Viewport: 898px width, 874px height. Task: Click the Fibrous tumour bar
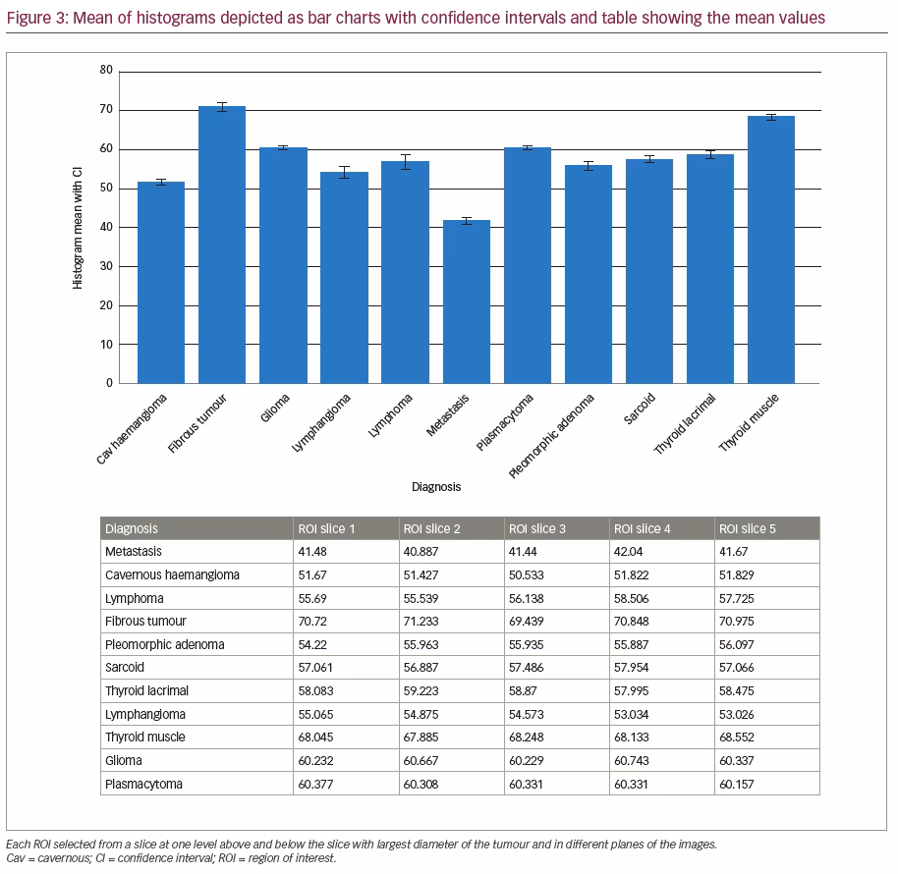222,245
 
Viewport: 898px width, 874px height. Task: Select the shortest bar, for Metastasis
466,301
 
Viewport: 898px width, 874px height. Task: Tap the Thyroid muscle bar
771,249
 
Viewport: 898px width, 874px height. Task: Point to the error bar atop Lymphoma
406,162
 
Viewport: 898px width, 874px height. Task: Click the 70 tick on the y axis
106,109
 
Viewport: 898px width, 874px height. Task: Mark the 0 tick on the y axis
109,383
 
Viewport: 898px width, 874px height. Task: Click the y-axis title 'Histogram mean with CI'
78,228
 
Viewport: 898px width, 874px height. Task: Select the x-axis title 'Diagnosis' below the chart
436,486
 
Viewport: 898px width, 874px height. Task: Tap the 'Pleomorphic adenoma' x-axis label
551,436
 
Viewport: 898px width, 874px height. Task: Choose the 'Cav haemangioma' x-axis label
131,429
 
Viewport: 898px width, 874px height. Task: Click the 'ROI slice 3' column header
537,529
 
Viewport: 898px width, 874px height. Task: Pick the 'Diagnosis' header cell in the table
132,529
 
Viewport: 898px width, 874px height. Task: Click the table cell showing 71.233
421,621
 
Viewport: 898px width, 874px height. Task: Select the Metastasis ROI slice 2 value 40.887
421,551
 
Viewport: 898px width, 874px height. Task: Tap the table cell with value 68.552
737,737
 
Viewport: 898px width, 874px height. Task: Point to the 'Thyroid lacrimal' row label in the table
146,690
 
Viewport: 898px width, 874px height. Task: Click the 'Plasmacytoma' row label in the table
143,784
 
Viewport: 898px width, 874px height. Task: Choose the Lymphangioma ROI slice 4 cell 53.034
631,714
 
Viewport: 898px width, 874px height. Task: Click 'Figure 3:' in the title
37,18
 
